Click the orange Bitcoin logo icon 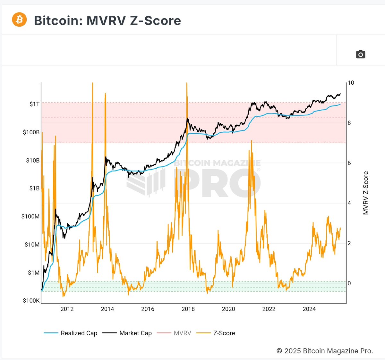(19, 20)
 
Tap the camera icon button (361, 54)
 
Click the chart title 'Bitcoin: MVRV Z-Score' (107, 21)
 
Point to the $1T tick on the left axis (34, 104)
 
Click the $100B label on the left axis (31, 132)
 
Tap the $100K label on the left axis (31, 301)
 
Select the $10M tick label (32, 245)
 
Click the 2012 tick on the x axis (67, 309)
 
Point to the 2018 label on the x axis (188, 309)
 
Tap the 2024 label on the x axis (309, 309)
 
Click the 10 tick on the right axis (351, 83)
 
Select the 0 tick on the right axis (349, 283)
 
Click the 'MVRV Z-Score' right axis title (366, 193)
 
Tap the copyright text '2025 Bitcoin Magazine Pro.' (325, 351)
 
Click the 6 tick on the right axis (349, 163)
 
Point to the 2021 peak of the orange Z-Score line (252, 141)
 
